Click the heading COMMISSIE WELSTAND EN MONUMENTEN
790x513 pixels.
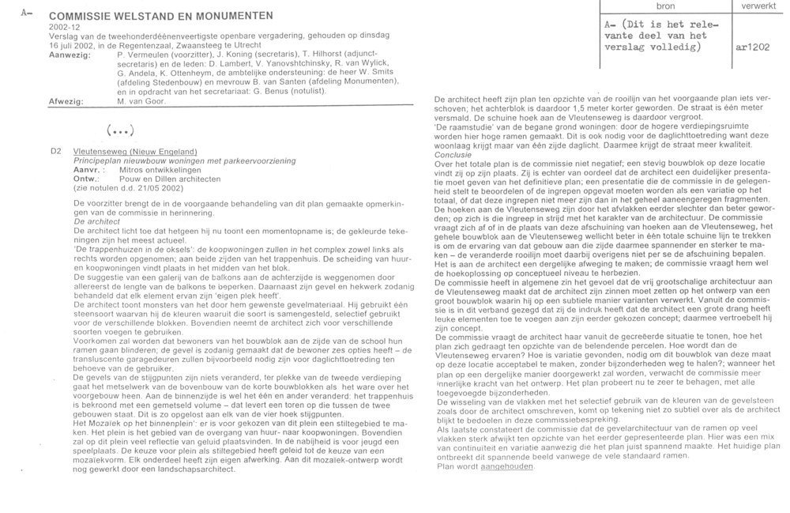tap(161, 15)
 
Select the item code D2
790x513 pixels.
tap(55, 151)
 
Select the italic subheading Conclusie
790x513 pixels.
tap(456, 155)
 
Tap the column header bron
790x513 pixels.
tap(667, 6)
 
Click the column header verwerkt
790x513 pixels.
tap(756, 6)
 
